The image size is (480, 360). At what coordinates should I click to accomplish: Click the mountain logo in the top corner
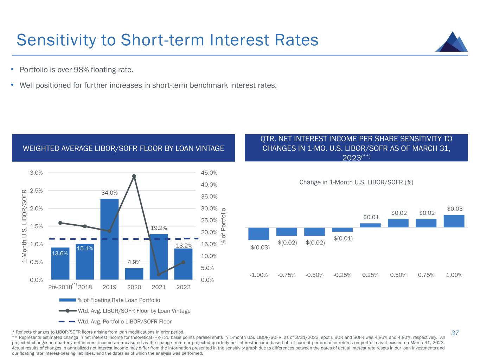452,42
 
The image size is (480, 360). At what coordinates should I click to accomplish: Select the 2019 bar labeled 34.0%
109,239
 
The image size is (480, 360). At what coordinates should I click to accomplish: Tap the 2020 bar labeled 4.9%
134,274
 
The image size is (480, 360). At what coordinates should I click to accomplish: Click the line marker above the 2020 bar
134,176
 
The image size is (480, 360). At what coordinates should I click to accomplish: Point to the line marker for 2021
159,274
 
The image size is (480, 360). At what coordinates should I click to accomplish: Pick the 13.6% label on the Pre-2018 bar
60,253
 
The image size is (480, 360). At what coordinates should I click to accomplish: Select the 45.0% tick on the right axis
209,173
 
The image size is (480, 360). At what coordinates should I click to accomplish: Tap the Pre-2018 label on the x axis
60,287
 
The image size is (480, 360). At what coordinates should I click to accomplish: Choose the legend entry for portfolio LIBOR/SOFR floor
124,321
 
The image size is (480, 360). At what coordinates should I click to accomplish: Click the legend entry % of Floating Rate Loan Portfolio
119,300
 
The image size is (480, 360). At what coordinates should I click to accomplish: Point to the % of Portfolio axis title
223,226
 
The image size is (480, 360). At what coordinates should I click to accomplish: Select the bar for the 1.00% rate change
454,221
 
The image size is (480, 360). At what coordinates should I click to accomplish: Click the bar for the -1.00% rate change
258,234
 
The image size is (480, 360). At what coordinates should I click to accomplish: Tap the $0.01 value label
371,217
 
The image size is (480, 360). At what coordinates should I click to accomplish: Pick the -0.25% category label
343,275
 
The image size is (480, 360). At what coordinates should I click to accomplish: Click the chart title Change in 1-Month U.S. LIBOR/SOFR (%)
356,182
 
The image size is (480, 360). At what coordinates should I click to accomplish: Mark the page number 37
455,333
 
